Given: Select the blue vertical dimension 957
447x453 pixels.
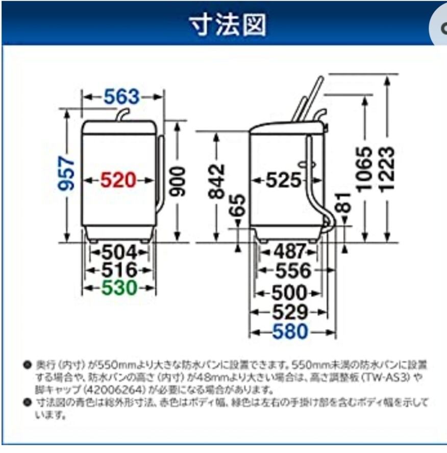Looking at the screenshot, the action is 68,174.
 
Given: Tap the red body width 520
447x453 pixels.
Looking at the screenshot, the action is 118,180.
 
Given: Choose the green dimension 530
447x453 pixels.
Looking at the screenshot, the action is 119,289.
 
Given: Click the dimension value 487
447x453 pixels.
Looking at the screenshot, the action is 290,252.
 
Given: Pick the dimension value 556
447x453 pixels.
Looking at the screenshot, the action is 293,271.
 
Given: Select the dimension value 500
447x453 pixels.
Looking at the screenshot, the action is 289,293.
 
